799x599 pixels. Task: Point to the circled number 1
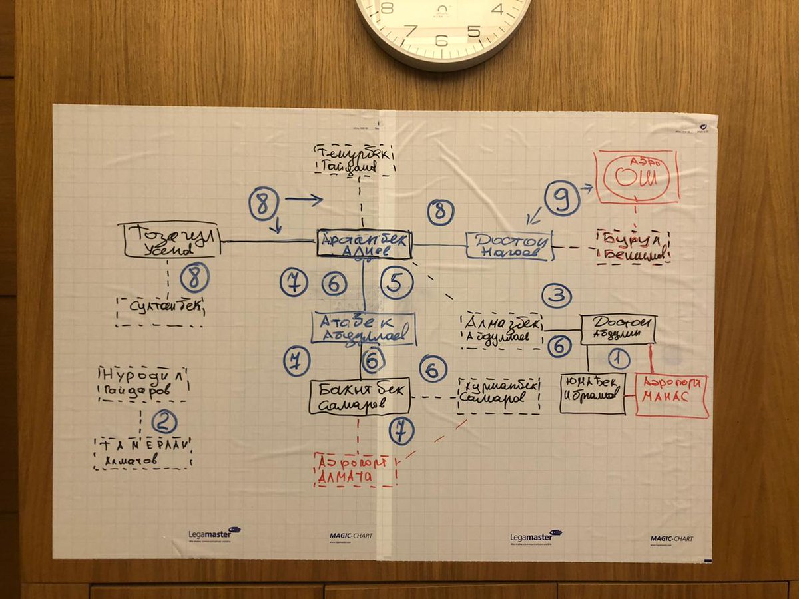[x=619, y=359]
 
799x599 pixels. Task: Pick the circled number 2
[x=164, y=420]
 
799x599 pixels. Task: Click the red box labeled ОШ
[x=637, y=176]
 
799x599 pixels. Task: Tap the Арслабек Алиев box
[x=364, y=244]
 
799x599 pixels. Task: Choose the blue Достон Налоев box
[x=509, y=246]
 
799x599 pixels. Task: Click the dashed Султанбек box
[x=160, y=311]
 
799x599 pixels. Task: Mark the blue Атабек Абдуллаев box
[x=364, y=329]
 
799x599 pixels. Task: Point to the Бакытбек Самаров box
[x=360, y=397]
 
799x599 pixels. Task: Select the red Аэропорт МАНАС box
[x=671, y=395]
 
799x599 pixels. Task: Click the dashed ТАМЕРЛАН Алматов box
[x=142, y=453]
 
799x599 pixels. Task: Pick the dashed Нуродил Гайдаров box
[x=143, y=383]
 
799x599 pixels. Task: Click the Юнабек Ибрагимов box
[x=593, y=393]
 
